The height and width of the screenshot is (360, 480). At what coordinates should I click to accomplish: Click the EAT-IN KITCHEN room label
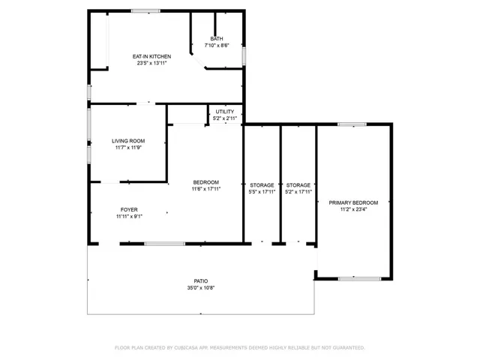[151, 56]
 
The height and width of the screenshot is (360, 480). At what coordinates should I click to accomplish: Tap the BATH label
[216, 38]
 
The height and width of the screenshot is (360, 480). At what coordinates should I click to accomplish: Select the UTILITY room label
[224, 112]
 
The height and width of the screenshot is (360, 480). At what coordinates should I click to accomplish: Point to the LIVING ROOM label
[128, 141]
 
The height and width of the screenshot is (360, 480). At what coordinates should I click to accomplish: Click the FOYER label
[129, 209]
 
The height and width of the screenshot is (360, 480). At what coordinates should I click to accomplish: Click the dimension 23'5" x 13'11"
[151, 63]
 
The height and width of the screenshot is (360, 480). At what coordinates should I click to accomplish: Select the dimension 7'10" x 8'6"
[216, 45]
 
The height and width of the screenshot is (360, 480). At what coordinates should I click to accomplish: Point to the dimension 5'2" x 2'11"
[224, 118]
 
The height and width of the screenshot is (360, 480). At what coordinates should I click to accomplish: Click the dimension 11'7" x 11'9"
[128, 148]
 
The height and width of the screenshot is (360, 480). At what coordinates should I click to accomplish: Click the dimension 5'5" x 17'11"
[262, 191]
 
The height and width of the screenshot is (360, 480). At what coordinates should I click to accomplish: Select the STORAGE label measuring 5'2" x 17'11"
[298, 184]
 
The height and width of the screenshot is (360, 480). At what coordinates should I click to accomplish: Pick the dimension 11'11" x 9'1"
[129, 216]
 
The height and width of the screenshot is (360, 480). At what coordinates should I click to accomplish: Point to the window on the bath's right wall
[244, 55]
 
